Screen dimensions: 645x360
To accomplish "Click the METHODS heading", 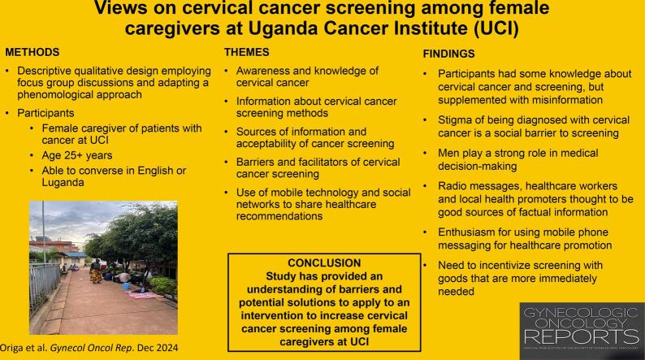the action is click(x=32, y=52).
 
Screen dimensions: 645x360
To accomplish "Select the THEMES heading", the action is click(x=246, y=52).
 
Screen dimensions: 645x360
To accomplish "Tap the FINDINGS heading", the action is click(x=448, y=54).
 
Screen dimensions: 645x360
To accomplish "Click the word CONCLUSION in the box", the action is click(x=324, y=263).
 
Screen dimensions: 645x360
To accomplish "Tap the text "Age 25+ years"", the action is click(x=77, y=155).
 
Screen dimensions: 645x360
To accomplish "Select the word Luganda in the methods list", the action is click(x=63, y=182).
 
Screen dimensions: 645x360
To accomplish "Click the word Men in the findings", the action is click(x=447, y=153).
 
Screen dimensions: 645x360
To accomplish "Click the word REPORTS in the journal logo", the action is click(x=582, y=336).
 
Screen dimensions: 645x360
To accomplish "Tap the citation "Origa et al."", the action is click(x=24, y=348).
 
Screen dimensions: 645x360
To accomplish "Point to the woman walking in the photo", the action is click(x=96, y=271).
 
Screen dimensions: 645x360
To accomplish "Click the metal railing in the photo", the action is click(x=45, y=283).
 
